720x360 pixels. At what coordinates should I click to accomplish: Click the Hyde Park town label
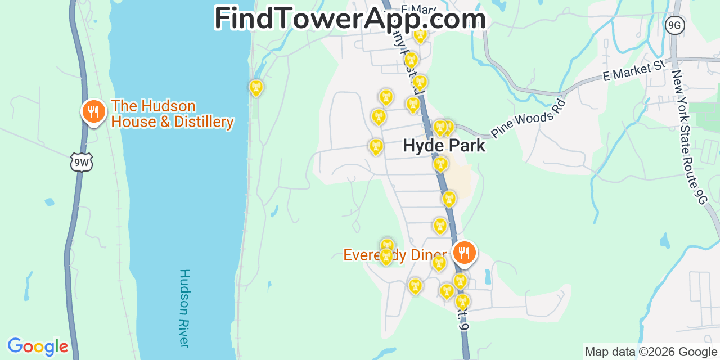(x=444, y=146)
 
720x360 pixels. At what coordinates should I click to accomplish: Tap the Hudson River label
(x=184, y=308)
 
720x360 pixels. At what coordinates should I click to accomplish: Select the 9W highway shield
(x=82, y=163)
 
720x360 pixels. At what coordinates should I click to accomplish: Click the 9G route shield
(x=674, y=24)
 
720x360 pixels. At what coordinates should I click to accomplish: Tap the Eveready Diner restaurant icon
(x=464, y=253)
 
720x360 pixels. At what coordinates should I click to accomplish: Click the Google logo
(x=38, y=346)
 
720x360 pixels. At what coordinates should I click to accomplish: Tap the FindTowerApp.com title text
(x=350, y=19)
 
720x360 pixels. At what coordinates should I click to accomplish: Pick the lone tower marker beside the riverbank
(x=256, y=87)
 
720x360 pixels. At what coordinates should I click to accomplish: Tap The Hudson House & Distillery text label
(x=172, y=114)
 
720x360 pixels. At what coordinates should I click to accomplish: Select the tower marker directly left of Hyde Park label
(x=376, y=147)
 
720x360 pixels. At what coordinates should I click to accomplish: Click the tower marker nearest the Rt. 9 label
(x=462, y=302)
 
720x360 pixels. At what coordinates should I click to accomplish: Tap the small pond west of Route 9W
(x=49, y=201)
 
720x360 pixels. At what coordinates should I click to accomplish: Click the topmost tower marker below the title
(x=420, y=35)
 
